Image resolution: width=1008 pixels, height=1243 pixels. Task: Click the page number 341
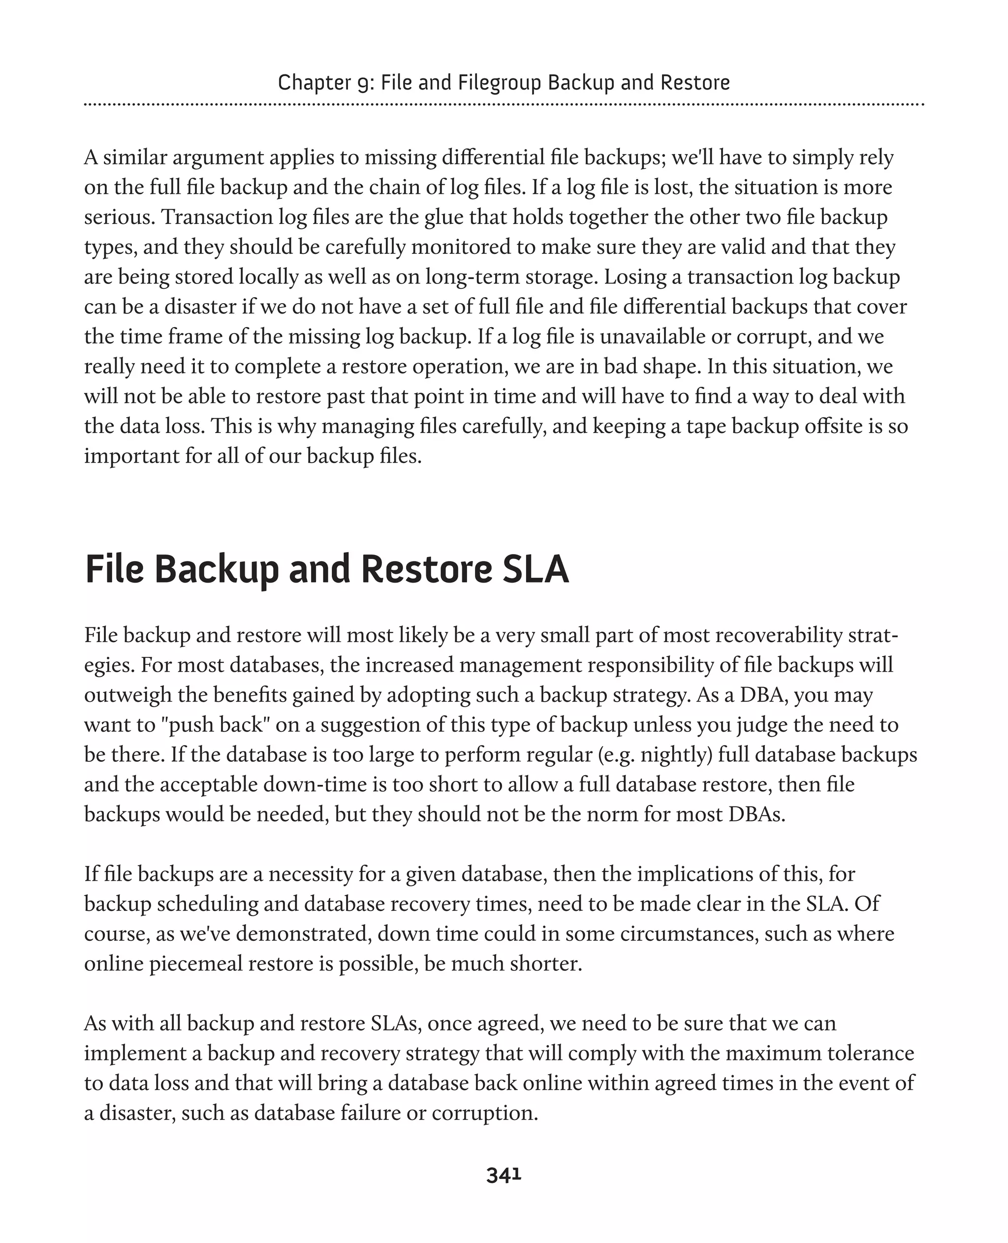point(504,1175)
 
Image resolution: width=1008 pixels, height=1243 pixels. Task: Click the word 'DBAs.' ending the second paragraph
point(756,814)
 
